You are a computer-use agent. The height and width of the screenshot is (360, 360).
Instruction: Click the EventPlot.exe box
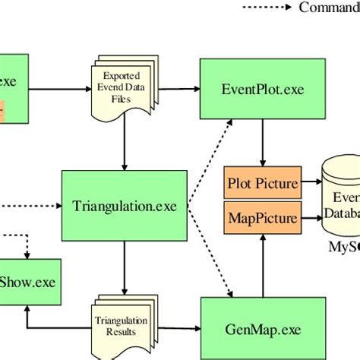[262, 89]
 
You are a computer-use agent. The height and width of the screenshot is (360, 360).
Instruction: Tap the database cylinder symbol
[341, 197]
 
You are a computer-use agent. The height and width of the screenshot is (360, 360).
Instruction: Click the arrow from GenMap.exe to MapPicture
[262, 266]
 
